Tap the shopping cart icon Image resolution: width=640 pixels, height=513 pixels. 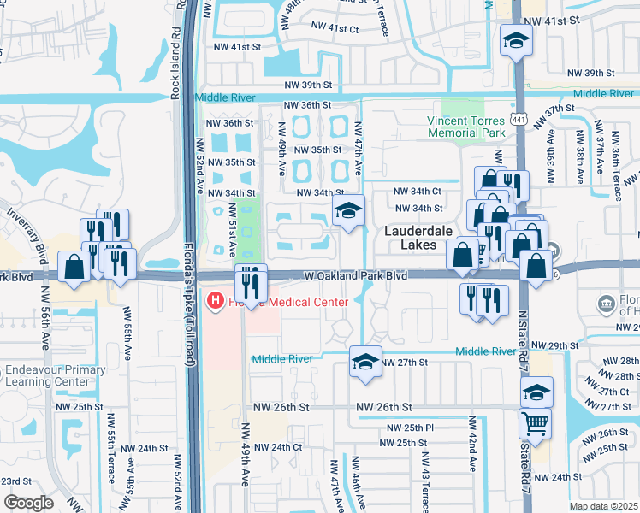pyautogui.click(x=536, y=423)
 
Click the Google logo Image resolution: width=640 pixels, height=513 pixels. pyautogui.click(x=28, y=503)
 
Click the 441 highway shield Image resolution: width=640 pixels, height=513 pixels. pyautogui.click(x=519, y=112)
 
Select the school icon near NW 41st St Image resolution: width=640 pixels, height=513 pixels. pyautogui.click(x=516, y=40)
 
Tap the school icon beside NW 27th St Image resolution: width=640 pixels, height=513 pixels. pyautogui.click(x=365, y=362)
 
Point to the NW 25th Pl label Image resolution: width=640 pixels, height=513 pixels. pyautogui.click(x=410, y=427)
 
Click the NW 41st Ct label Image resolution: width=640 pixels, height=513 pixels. pyautogui.click(x=335, y=28)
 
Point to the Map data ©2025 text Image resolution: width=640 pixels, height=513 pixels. pyautogui.click(x=603, y=505)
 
